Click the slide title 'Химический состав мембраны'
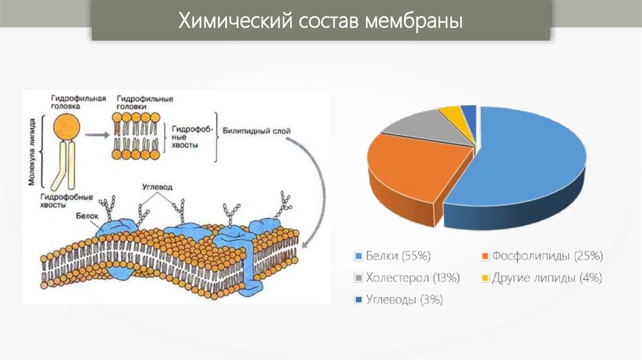coord(321,22)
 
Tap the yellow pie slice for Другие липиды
coord(450,113)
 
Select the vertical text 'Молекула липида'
coord(32,151)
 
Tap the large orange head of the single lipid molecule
coord(66,127)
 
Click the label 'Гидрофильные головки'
coord(145,103)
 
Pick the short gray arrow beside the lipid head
coord(96,134)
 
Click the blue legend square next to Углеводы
coord(358,299)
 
